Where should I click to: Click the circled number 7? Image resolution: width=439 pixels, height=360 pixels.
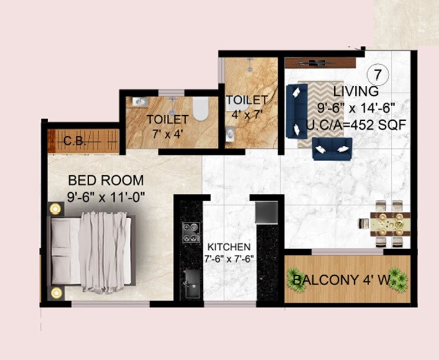point(377,75)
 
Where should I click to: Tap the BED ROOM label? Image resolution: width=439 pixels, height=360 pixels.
point(106,181)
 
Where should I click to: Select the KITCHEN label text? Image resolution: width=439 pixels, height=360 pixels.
point(229,246)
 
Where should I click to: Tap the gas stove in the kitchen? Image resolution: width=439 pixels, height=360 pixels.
point(191,232)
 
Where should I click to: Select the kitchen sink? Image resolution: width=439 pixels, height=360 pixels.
point(192,277)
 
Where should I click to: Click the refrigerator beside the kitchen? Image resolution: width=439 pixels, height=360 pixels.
point(267,212)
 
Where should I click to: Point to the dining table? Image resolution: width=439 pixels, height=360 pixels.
point(390,224)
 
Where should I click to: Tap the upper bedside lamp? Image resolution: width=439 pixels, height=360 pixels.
point(55,209)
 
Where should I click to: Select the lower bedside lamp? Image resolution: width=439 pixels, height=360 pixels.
point(56,293)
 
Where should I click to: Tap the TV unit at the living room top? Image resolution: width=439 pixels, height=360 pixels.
point(320,63)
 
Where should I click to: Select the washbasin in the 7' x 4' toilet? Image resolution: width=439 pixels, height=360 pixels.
point(139,102)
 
